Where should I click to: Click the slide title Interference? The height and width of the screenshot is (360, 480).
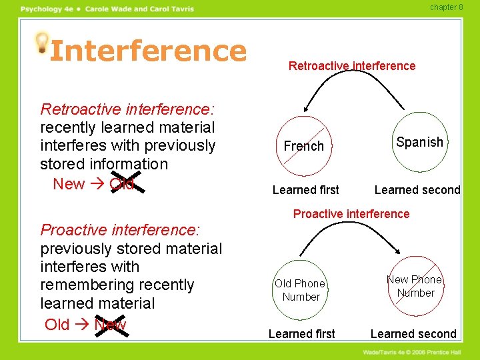[x=148, y=50]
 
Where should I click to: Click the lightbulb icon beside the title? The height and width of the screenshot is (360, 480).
[x=42, y=42]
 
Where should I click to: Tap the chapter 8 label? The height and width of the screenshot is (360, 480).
[x=446, y=7]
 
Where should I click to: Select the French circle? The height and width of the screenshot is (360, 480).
[x=304, y=145]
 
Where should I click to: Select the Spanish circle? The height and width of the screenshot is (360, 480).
[x=419, y=142]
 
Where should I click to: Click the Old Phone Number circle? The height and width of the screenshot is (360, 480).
[x=301, y=290]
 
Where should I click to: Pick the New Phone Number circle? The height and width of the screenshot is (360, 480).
[x=415, y=286]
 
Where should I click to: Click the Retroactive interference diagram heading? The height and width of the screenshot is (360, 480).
[x=351, y=65]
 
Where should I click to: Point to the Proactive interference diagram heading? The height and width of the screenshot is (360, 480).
[x=351, y=213]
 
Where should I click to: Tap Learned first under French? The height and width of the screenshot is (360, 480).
[x=305, y=190]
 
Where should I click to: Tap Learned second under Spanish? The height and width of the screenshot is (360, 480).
[x=417, y=190]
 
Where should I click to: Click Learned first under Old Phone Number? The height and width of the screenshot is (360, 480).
[x=301, y=333]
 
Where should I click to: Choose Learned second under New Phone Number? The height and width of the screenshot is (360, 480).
[x=413, y=333]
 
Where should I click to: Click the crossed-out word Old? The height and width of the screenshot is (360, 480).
[x=121, y=183]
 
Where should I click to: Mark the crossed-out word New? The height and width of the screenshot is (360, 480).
[x=110, y=325]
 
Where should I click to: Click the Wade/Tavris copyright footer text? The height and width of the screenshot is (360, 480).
[x=416, y=351]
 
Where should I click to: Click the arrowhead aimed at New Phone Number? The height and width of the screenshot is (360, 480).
[x=397, y=252]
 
